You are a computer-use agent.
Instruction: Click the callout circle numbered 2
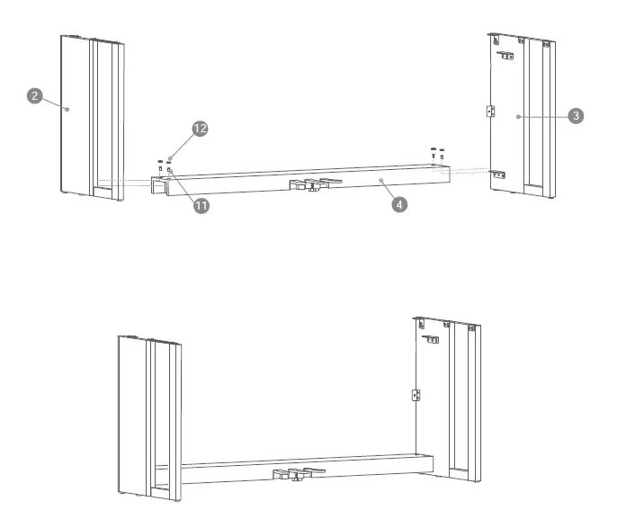[x=35, y=95]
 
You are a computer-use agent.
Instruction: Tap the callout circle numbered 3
[x=577, y=115]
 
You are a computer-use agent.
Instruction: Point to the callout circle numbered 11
[x=201, y=205]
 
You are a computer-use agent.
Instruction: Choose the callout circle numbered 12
[x=200, y=129]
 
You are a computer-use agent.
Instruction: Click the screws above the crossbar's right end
[x=436, y=152]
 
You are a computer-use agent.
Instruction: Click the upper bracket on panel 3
[x=507, y=57]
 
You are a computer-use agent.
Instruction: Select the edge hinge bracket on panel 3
[x=490, y=111]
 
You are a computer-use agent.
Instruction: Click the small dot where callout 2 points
[x=68, y=107]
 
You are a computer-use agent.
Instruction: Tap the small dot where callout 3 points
[x=519, y=117]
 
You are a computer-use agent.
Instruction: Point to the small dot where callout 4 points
[x=381, y=181]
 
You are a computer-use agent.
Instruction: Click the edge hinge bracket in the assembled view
[x=416, y=395]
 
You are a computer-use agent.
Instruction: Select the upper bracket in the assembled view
[x=433, y=340]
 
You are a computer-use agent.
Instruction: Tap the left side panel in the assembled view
[x=144, y=414]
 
